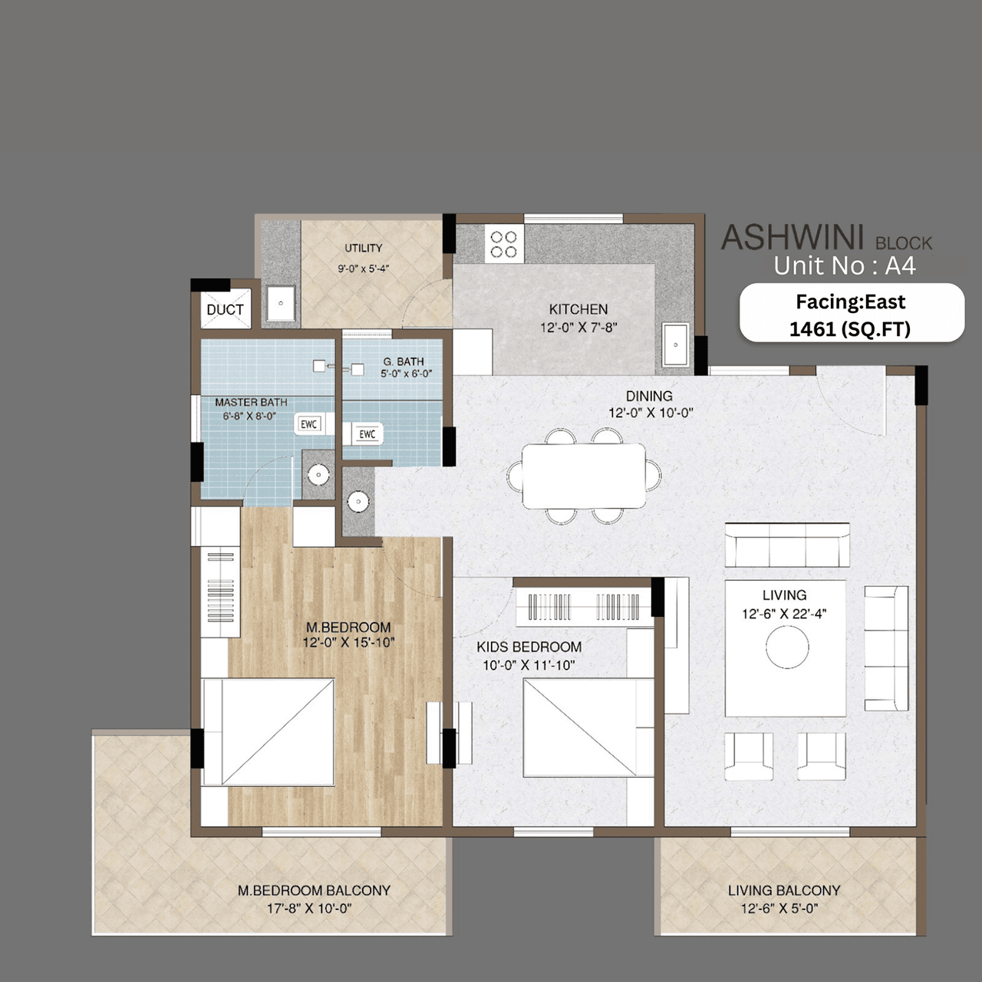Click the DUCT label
[x=225, y=309]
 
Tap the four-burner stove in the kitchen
[x=504, y=245]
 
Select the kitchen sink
[x=675, y=345]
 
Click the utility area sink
[x=281, y=304]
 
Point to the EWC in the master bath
[x=308, y=424]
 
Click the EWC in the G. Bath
[x=367, y=434]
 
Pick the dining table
[x=584, y=476]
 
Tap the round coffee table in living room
[x=786, y=648]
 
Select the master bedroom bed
[x=268, y=732]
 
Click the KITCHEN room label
[x=578, y=309]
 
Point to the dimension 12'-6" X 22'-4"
[x=784, y=614]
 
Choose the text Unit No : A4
[x=844, y=265]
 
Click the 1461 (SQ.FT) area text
[x=850, y=329]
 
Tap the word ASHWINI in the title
[x=793, y=238]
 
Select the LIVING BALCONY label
[x=784, y=890]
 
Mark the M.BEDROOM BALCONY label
[x=314, y=890]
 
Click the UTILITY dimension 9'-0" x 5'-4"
[x=364, y=269]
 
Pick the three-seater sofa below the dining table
[x=787, y=545]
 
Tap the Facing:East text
[x=850, y=302]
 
